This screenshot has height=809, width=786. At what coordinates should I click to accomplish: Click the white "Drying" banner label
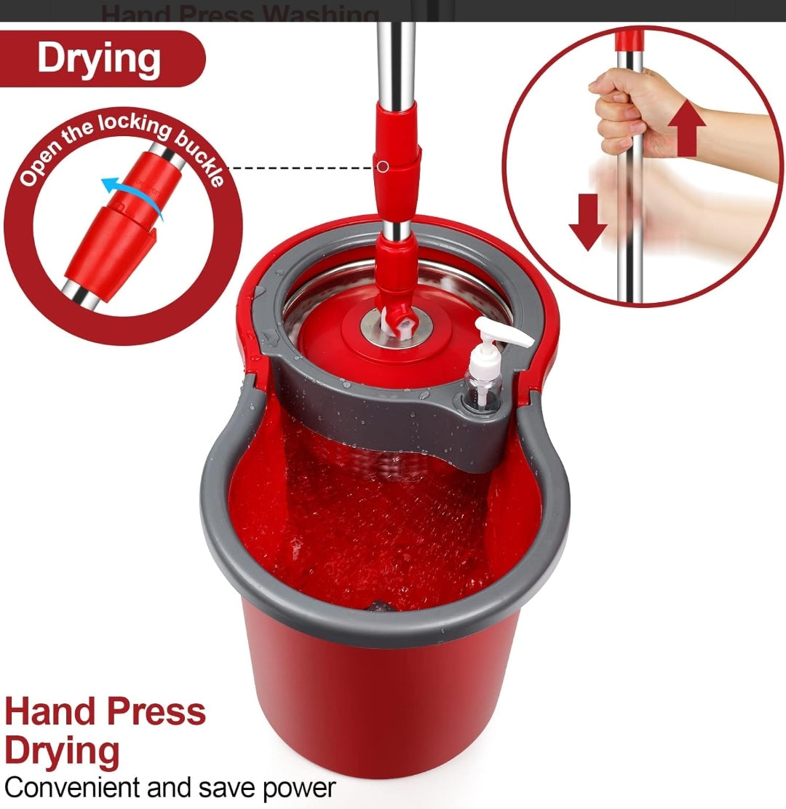[99, 58]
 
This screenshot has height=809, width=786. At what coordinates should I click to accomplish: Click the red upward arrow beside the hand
[686, 128]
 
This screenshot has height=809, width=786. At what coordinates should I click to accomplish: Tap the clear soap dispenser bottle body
[485, 379]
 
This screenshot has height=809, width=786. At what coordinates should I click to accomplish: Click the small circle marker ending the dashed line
[383, 167]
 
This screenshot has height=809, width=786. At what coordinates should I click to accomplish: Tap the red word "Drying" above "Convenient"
[63, 750]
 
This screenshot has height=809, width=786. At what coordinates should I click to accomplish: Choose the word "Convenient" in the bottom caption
[72, 787]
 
